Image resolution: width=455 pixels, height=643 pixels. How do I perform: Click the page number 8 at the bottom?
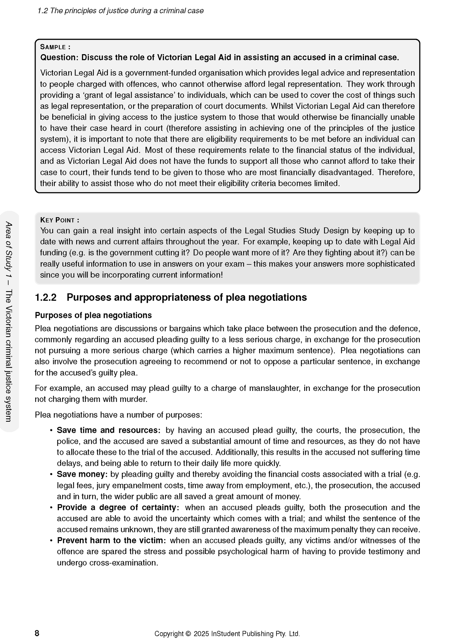(x=37, y=633)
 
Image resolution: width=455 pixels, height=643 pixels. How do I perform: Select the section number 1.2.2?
(x=46, y=297)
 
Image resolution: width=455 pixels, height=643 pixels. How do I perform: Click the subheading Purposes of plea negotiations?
(x=93, y=315)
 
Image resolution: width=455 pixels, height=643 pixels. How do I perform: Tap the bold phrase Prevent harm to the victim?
(x=111, y=540)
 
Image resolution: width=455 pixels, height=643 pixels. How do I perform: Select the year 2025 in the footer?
(x=201, y=634)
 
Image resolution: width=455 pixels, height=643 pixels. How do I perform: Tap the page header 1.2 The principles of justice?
(x=120, y=11)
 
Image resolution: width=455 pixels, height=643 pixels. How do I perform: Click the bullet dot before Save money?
(x=51, y=474)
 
